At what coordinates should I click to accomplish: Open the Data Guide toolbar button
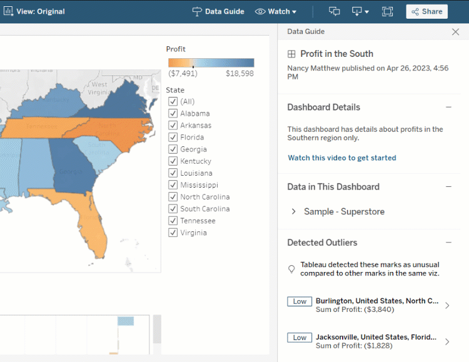pyautogui.click(x=218, y=11)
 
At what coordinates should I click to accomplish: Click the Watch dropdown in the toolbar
pyautogui.click(x=276, y=11)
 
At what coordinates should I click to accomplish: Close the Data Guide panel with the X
pyautogui.click(x=455, y=32)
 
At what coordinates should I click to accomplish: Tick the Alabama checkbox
pyautogui.click(x=173, y=113)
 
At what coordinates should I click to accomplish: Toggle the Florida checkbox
pyautogui.click(x=173, y=137)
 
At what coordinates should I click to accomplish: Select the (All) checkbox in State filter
pyautogui.click(x=173, y=101)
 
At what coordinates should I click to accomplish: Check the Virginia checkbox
pyautogui.click(x=173, y=233)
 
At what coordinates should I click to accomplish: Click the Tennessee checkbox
pyautogui.click(x=173, y=221)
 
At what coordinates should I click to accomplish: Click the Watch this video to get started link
pyautogui.click(x=341, y=158)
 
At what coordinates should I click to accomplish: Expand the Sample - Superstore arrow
pyautogui.click(x=294, y=212)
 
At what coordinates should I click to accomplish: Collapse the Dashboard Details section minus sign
pyautogui.click(x=448, y=108)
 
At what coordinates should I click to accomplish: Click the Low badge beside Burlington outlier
pyautogui.click(x=300, y=301)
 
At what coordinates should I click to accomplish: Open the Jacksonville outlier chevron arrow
pyautogui.click(x=447, y=341)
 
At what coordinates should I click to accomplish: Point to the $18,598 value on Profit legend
pyautogui.click(x=240, y=73)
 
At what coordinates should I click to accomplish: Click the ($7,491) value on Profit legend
pyautogui.click(x=183, y=73)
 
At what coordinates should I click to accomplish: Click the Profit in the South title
pyautogui.click(x=336, y=54)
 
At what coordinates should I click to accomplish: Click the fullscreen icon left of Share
pyautogui.click(x=387, y=11)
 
